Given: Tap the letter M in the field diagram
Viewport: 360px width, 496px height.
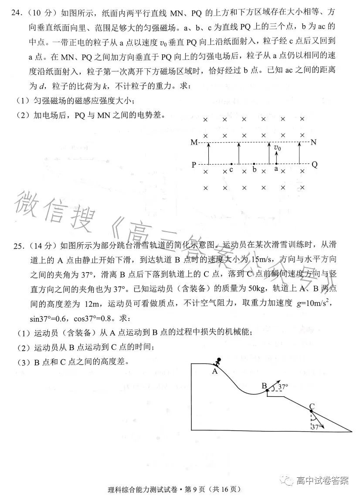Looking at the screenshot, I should (x=194, y=142).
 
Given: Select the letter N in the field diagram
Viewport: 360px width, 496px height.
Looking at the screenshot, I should (x=314, y=142).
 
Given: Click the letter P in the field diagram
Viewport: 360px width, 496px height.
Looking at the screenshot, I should (x=194, y=165).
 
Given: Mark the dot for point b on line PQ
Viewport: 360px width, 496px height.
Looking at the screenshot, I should (x=254, y=165).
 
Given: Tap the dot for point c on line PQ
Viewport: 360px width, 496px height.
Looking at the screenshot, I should (x=231, y=165).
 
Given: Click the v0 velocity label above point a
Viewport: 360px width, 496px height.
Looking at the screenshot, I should (x=277, y=148).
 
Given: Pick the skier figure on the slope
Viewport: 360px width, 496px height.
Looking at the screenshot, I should (x=217, y=362).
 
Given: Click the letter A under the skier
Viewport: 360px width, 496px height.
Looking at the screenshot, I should (x=214, y=371).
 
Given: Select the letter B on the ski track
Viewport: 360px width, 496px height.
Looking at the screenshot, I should (x=264, y=385).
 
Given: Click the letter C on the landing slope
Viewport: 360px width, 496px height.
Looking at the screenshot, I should (x=312, y=407).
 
